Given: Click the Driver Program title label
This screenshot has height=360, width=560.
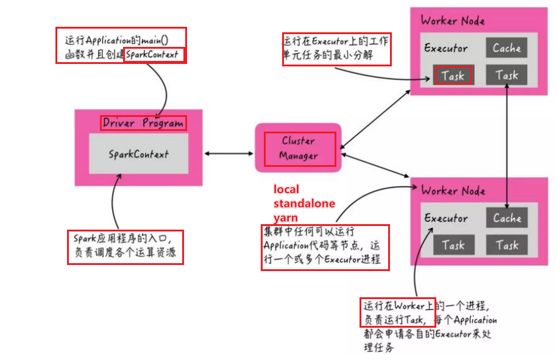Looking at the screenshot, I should pos(143,123).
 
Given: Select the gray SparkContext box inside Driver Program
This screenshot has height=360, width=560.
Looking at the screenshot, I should pos(138,154).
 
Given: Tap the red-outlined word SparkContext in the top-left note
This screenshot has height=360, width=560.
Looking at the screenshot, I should pos(154,55).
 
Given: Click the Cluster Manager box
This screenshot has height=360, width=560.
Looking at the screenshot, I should pos(299,149).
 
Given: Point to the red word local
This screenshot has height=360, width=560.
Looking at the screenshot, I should pos(286,189).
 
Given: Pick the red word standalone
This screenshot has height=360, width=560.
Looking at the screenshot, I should pos(304,203).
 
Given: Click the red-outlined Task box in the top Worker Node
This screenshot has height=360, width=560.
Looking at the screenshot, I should pos(453,76).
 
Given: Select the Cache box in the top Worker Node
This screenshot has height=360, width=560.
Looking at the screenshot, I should pos(506,48).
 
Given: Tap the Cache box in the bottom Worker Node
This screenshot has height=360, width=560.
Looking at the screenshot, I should pos(506,218).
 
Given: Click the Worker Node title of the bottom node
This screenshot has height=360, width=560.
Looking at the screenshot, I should pos(453,191).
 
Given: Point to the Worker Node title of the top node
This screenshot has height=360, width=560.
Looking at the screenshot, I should pos(453,21).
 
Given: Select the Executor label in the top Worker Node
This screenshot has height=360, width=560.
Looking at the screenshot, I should pos(446,48).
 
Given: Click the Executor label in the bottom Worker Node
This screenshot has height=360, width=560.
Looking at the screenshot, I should pos(446,218).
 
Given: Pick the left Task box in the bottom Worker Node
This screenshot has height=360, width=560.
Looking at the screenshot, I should pos(453,245).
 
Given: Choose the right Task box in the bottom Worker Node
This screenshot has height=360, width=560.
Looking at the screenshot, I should pos(506,245).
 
